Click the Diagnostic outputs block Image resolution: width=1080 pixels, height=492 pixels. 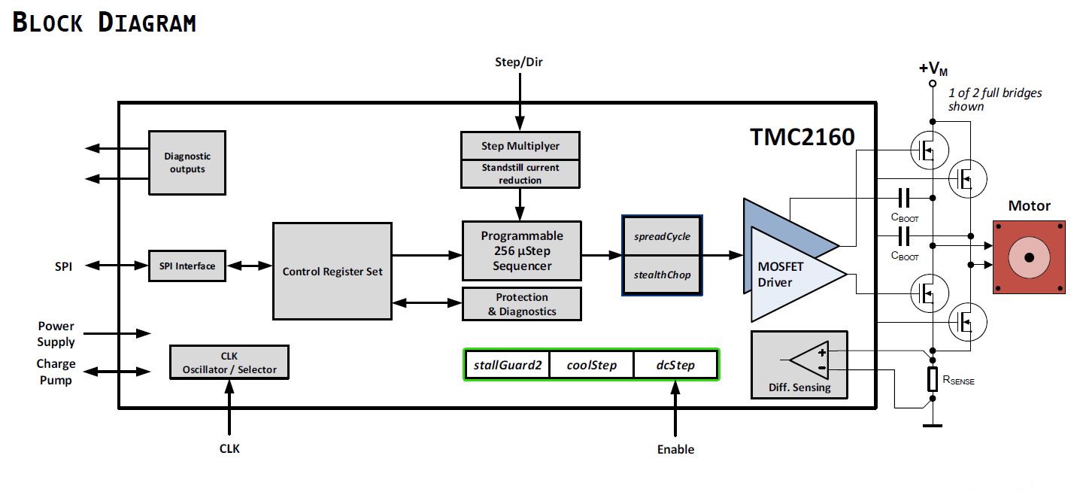[187, 162]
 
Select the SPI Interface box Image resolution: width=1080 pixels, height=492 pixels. [187, 266]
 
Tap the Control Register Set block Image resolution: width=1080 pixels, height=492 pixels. [332, 271]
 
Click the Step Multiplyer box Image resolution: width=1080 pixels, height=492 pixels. [520, 145]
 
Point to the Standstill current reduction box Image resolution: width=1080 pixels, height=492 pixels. [520, 174]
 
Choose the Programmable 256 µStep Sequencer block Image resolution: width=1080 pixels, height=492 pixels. [522, 251]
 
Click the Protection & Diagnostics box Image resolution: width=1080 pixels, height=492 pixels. [522, 304]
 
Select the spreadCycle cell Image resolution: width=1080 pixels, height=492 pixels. [662, 236]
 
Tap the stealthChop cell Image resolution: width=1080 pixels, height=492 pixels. [662, 275]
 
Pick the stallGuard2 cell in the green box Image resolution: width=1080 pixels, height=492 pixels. [508, 365]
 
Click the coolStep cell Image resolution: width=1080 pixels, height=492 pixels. [592, 365]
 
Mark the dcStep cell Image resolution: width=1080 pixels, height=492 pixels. [675, 365]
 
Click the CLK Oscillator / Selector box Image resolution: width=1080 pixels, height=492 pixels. [229, 362]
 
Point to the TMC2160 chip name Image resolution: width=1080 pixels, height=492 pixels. [802, 137]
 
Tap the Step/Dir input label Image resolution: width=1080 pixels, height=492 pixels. [518, 62]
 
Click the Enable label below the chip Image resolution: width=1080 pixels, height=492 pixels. [675, 449]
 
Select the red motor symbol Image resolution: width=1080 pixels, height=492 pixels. [1029, 257]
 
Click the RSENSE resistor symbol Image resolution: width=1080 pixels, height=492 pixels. [933, 380]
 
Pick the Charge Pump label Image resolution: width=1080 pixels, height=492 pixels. [56, 372]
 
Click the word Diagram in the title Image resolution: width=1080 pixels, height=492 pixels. [147, 23]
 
